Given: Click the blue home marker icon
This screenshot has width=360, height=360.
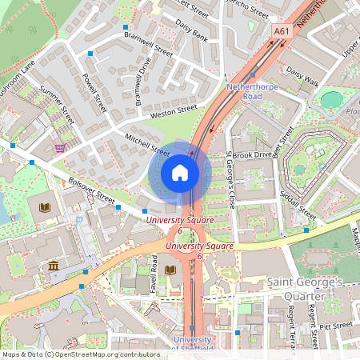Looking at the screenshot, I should (180, 173).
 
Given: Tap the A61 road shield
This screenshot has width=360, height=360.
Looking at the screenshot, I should (281, 31).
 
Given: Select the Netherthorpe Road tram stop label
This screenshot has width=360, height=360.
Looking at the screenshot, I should (255, 90).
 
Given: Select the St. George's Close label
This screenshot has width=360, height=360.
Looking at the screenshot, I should (230, 180).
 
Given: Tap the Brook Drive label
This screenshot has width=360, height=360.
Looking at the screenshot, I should (253, 154).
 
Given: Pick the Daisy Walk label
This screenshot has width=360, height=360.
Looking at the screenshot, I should (302, 76).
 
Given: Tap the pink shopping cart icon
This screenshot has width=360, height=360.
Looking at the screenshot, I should (60, 148).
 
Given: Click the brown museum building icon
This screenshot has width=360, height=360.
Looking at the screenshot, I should (53, 266).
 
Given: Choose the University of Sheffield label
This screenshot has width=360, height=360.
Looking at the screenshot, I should (192, 344).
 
